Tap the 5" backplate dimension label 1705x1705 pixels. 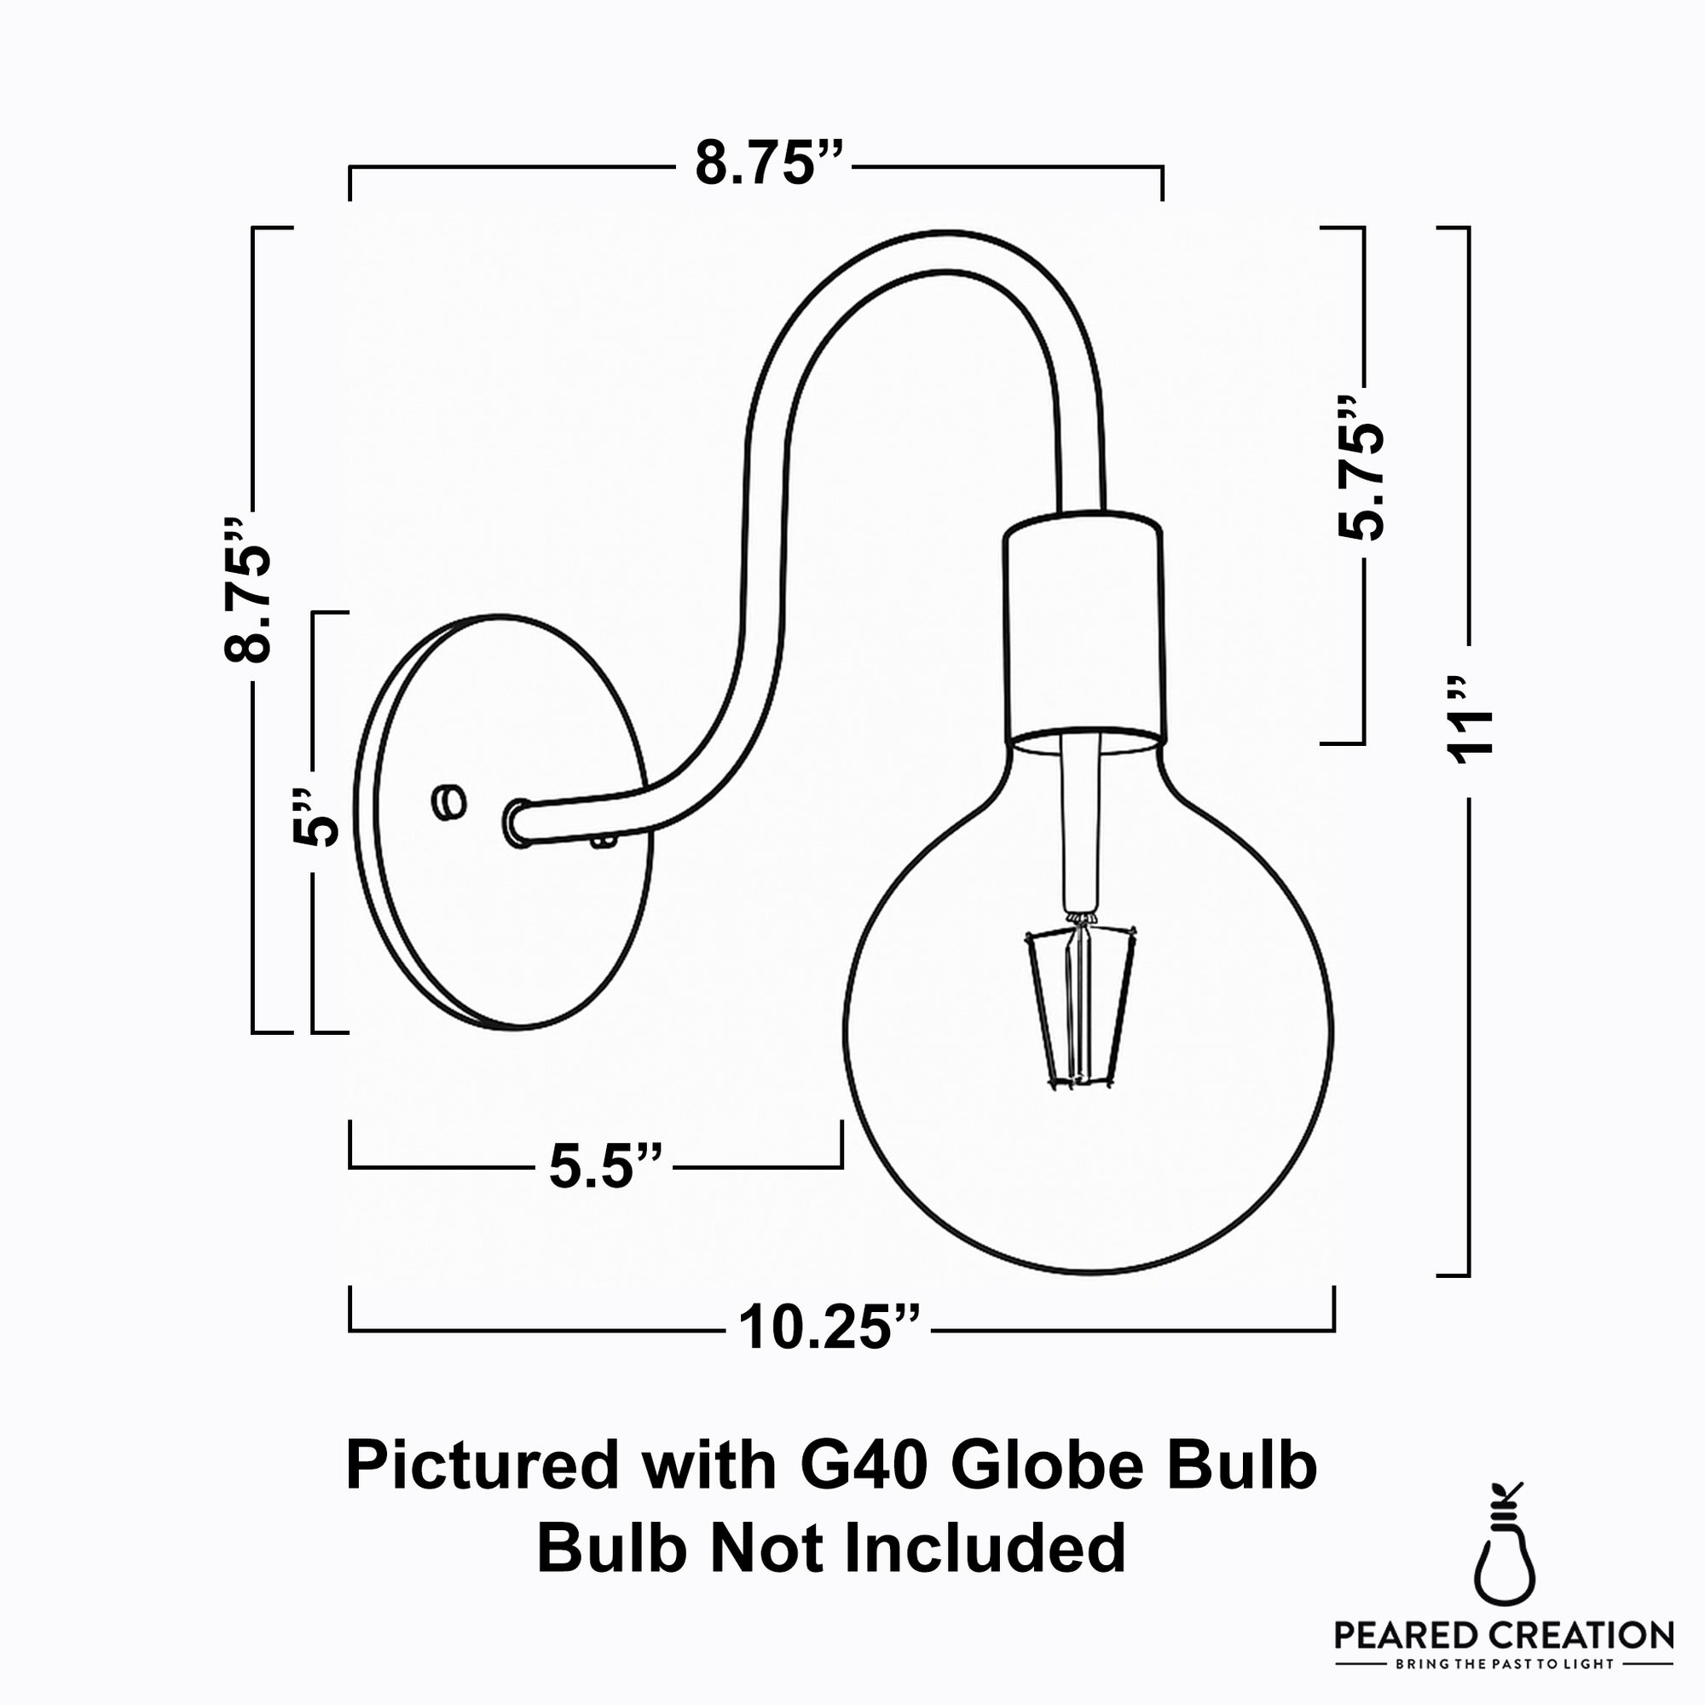[315, 819]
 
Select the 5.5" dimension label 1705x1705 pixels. [604, 1165]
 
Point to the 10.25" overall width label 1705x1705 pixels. [829, 1326]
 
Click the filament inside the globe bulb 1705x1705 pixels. [1078, 1005]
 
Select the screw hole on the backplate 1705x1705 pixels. [449, 801]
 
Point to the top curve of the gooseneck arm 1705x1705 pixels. [927, 251]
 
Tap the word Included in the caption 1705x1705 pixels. [985, 1549]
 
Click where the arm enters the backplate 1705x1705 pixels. [518, 823]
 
